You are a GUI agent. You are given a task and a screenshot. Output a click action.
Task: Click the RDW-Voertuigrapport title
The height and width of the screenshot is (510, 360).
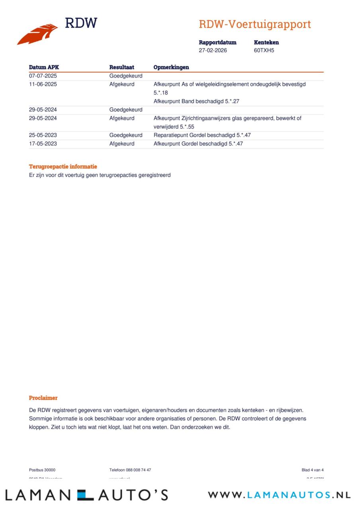click(x=254, y=24)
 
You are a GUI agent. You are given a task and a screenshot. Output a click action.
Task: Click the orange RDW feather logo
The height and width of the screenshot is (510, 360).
click(x=37, y=34)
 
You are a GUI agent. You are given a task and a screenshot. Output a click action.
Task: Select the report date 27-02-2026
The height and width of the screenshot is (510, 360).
click(x=213, y=51)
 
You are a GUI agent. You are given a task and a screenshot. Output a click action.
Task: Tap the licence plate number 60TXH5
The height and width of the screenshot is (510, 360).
click(x=264, y=51)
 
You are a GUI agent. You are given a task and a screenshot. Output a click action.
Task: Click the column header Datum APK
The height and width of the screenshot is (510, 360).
click(x=44, y=67)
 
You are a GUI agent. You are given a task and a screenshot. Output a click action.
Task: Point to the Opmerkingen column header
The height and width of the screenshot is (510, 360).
click(x=171, y=67)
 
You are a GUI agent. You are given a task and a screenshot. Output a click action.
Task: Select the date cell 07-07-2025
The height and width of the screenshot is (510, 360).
click(x=43, y=76)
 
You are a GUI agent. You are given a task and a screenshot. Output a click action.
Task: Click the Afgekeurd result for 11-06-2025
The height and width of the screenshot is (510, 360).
click(x=122, y=84)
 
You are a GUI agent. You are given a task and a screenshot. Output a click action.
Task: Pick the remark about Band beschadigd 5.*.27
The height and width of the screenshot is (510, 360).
click(x=196, y=101)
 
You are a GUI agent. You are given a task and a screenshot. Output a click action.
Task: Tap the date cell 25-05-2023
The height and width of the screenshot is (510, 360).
click(x=43, y=135)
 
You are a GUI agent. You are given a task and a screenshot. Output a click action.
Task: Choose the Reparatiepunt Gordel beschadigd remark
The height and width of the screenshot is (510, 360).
click(x=202, y=135)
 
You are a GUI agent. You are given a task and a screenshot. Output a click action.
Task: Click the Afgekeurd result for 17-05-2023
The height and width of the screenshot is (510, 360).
click(x=122, y=144)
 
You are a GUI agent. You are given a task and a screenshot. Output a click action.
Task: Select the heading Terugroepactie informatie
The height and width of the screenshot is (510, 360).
click(x=63, y=167)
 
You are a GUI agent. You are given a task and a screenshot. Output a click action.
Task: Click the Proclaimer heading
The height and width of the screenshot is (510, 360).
click(x=43, y=398)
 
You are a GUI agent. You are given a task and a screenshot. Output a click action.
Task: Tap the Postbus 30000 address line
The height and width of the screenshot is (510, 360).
click(x=42, y=470)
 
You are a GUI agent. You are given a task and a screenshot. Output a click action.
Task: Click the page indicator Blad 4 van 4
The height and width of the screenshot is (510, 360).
click(x=313, y=470)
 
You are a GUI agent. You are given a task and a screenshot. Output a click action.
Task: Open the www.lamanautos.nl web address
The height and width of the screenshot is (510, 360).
click(x=279, y=495)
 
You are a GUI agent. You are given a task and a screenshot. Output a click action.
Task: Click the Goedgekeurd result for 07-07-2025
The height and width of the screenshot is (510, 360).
click(x=126, y=76)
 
